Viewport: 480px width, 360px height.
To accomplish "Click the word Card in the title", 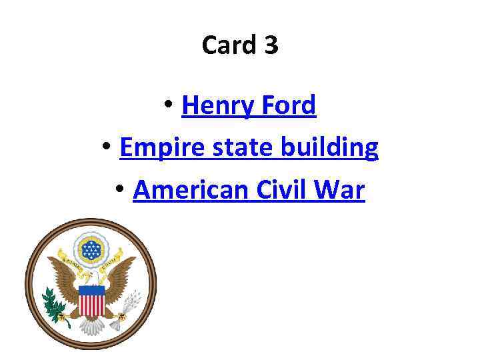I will point(227,45).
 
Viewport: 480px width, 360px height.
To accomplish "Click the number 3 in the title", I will point(271,45).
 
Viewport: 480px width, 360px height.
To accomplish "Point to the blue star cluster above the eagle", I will point(91,249).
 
